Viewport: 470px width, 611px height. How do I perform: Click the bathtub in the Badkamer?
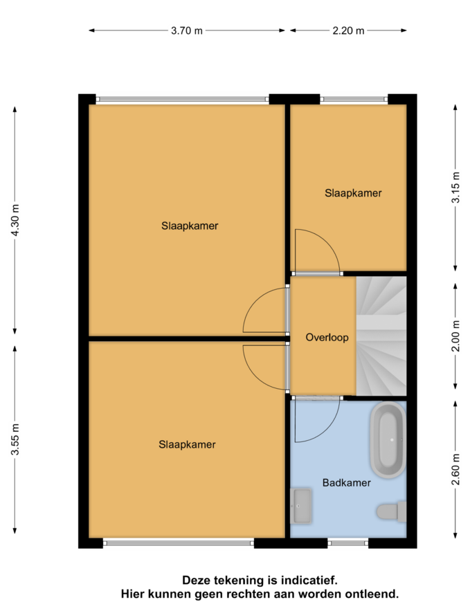(x=388, y=439)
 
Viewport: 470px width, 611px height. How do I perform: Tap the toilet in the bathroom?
(x=391, y=511)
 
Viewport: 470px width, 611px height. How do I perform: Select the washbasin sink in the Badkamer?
(x=301, y=506)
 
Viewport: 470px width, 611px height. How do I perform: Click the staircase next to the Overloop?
(x=381, y=336)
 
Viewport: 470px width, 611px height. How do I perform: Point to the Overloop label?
(x=327, y=338)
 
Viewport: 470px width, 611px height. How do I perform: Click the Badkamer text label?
(x=347, y=483)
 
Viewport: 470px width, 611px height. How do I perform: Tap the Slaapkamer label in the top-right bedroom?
(x=353, y=193)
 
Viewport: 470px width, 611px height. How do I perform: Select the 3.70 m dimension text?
(x=187, y=30)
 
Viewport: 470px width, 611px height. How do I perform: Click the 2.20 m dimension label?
(x=348, y=30)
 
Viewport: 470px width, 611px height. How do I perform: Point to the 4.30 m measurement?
(x=15, y=220)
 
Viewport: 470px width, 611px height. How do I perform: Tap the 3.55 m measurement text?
(x=15, y=439)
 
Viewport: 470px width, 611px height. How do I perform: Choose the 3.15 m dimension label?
(x=455, y=188)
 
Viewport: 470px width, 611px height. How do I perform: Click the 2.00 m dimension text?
(x=455, y=336)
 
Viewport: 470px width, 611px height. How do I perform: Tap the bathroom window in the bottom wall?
(x=347, y=542)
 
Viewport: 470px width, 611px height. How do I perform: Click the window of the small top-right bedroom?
(x=354, y=100)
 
